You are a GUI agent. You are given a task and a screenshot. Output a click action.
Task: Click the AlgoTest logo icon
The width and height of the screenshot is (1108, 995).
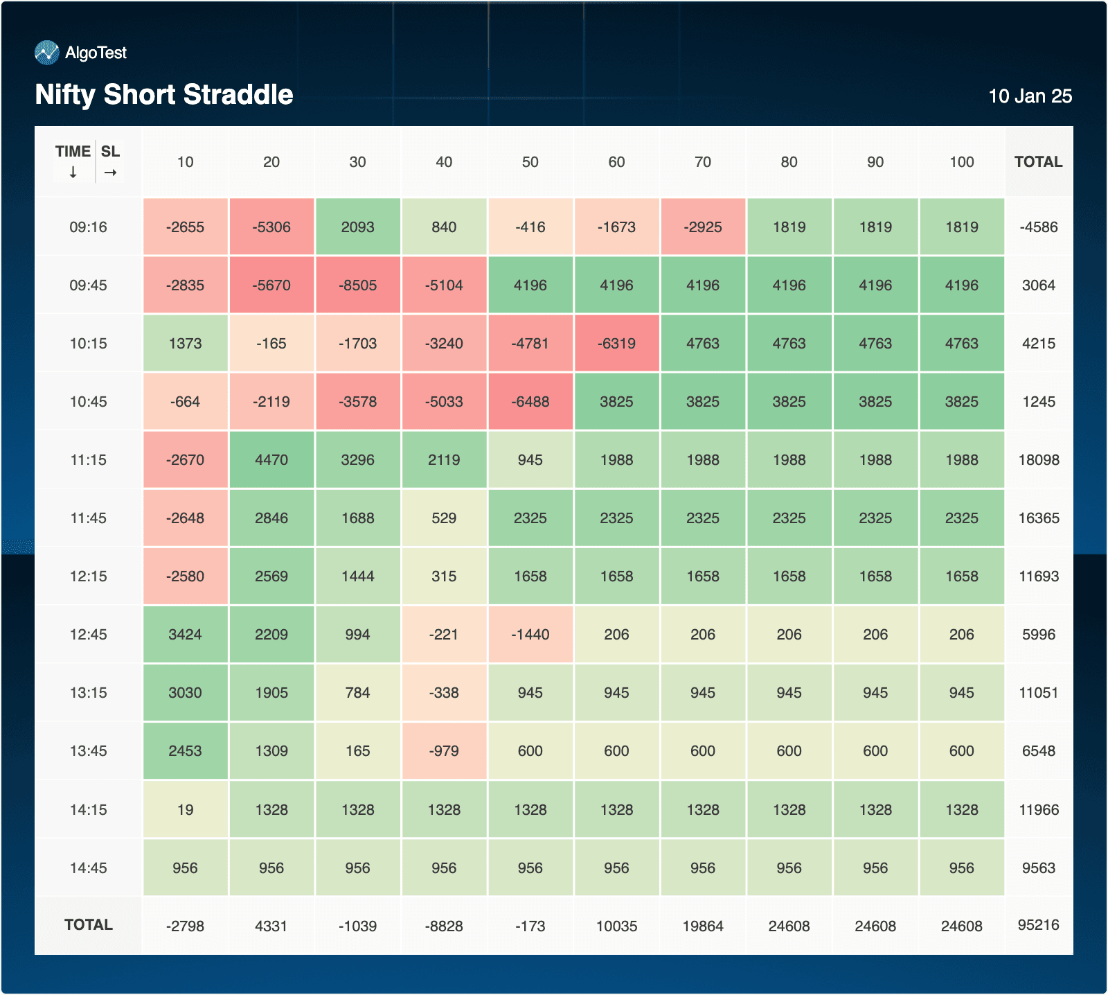pos(47,53)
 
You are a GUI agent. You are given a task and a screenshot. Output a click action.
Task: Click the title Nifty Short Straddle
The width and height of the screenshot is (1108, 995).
pos(164,95)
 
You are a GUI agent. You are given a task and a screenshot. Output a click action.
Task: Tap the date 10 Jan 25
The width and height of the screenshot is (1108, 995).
pos(1030,96)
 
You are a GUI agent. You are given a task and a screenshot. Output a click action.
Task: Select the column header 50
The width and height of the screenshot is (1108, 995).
pos(530,162)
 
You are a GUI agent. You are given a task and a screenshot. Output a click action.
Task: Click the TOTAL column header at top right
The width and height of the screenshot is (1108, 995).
pos(1038,162)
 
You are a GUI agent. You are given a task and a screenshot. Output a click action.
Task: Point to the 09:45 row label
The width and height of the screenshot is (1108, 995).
pos(89,285)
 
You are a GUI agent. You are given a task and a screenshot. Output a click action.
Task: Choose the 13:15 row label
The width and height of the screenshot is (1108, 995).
pos(89,693)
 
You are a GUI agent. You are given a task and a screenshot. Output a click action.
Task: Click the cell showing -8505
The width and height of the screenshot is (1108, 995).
pos(358,285)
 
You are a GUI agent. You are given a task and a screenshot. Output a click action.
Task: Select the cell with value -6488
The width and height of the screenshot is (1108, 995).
pos(530,402)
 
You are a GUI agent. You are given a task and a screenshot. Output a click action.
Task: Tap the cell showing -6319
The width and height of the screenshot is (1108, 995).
pos(616,344)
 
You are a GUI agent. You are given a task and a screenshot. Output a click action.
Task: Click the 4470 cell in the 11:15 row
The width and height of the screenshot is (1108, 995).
pos(271,460)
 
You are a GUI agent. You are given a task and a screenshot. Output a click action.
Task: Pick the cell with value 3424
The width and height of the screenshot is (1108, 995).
pos(185,635)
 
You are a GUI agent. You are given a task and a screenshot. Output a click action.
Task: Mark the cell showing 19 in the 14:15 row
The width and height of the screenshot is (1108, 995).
pos(185,810)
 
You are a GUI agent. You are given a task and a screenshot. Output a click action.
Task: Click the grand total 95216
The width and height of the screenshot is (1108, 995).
pos(1038,925)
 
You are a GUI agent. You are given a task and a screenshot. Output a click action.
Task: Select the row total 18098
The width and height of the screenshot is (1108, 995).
pos(1038,460)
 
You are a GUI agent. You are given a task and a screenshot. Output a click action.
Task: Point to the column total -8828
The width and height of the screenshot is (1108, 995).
pos(444,926)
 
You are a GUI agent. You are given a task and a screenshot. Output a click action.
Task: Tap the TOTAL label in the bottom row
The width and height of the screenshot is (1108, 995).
pos(89,925)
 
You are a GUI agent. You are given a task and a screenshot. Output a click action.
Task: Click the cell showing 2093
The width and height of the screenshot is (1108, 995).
pos(358,227)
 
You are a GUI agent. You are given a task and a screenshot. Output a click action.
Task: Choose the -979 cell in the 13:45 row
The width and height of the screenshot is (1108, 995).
pos(444,751)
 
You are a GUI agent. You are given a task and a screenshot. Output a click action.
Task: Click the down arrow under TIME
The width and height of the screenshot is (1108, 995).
pos(73,173)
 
